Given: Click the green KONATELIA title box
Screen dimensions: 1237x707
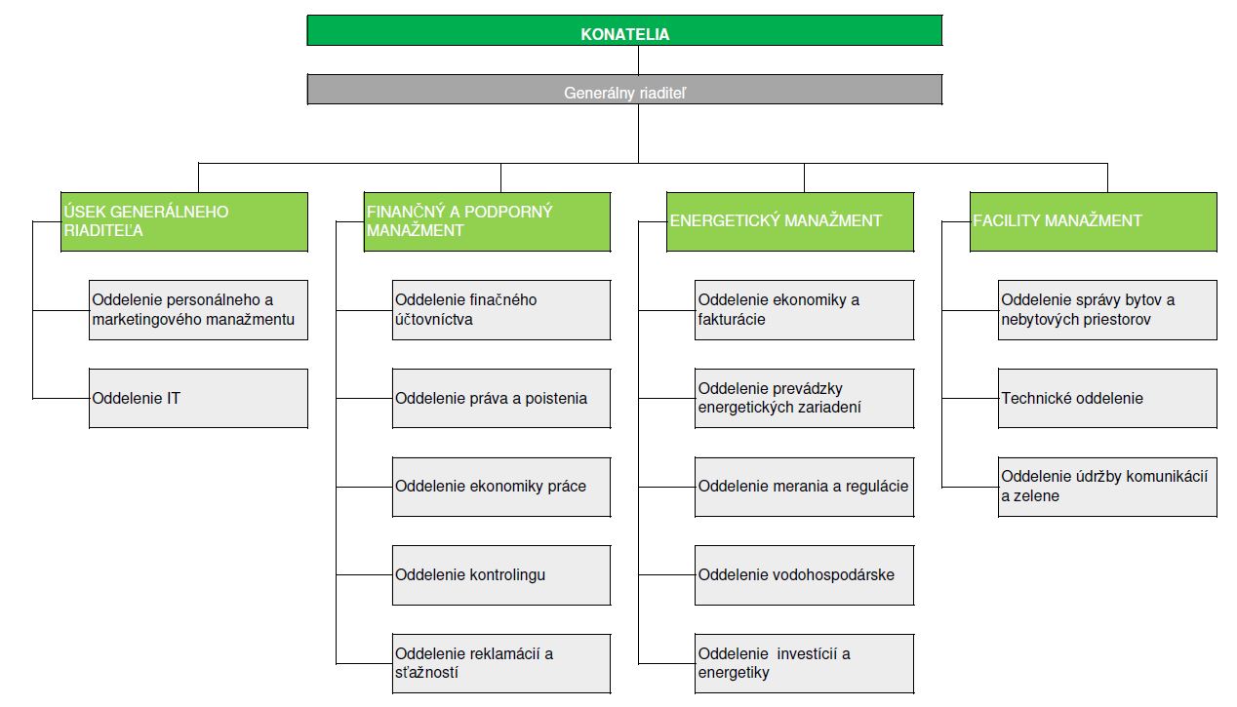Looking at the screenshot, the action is [624, 30].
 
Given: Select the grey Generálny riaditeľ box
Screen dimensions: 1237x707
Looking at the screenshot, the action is [624, 90].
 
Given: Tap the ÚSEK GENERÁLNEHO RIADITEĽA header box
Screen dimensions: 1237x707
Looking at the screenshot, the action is [184, 222].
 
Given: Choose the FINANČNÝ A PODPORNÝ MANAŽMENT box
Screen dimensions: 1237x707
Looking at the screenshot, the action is [487, 222].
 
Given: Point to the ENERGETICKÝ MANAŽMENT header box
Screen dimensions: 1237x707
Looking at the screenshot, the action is [790, 222].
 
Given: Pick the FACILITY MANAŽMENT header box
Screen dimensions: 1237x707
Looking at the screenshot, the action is [1094, 222].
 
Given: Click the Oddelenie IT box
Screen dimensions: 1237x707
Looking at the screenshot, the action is [198, 399].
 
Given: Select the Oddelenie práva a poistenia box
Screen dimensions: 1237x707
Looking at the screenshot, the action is [501, 399].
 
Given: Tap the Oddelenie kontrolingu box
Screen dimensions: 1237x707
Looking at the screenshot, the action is [501, 575].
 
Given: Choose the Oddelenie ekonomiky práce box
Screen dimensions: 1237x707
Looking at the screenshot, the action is [501, 487].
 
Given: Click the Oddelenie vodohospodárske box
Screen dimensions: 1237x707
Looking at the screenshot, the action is [804, 575].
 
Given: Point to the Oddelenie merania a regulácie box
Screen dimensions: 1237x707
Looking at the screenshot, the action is [804, 487].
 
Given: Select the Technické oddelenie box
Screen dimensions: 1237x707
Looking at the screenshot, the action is [1107, 399].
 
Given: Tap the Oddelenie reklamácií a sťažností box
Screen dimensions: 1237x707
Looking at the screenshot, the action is [501, 663].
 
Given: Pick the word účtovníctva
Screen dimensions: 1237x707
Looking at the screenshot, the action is [434, 320].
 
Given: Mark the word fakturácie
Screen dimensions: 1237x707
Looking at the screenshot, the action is [732, 320].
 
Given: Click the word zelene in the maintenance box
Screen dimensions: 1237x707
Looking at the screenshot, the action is [1038, 495].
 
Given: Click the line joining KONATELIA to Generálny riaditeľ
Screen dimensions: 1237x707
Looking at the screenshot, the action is [638, 60].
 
